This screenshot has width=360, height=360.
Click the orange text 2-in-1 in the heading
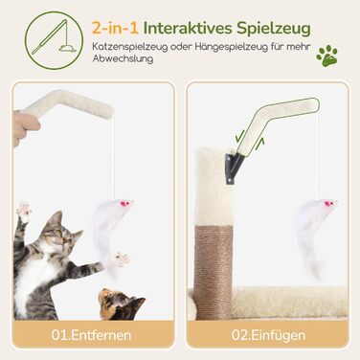pos(115,28)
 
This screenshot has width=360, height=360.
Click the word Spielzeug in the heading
pos(274,29)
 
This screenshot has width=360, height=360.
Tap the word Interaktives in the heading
pos(188,28)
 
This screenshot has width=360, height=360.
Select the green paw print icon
pos(326,56)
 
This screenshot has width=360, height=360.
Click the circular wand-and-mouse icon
pos(54,40)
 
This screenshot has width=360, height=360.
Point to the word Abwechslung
pos(123,58)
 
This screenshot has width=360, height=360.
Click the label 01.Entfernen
pos(91,335)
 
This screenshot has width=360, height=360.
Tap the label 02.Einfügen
pos(268,335)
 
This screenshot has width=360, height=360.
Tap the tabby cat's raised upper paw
pos(25,211)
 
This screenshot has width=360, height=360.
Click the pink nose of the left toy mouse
pos(124,203)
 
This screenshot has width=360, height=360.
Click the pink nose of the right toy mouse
pos(327,203)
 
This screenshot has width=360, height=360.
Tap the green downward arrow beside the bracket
pos(239,136)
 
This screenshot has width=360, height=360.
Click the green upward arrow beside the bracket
pos(260,145)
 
